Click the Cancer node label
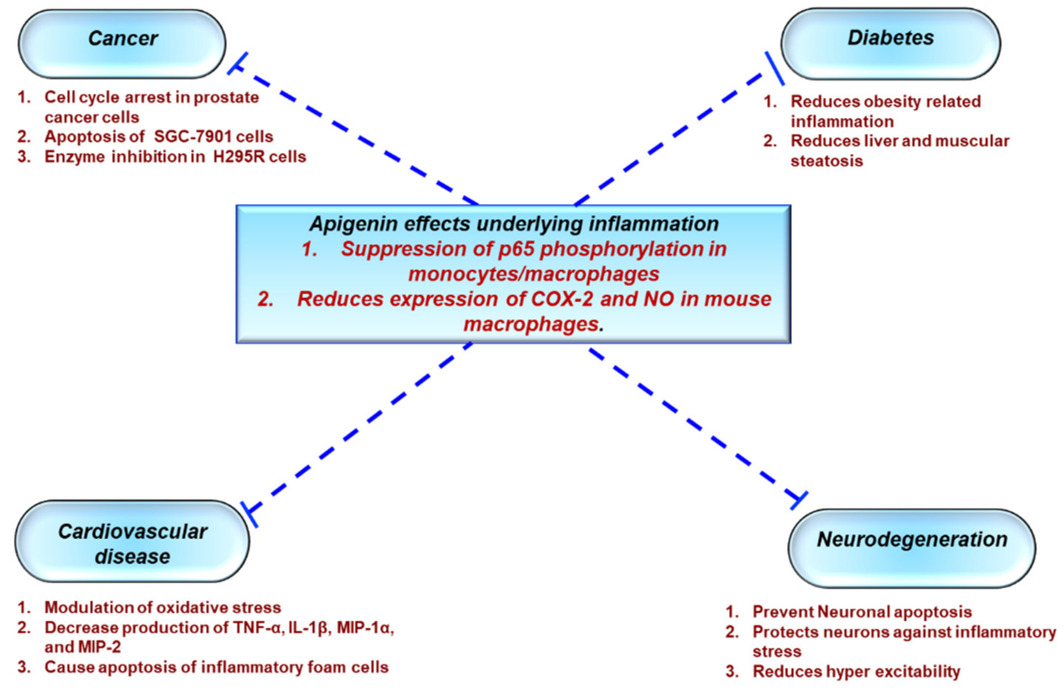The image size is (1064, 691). [x=122, y=38]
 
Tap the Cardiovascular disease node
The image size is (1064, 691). [x=132, y=543]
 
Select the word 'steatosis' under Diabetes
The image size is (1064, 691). [x=827, y=161]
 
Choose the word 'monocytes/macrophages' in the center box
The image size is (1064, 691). [x=534, y=274]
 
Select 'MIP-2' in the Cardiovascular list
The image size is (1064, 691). [x=99, y=647]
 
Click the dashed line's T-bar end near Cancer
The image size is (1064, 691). [x=237, y=63]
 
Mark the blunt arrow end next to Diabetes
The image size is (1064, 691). [x=774, y=68]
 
